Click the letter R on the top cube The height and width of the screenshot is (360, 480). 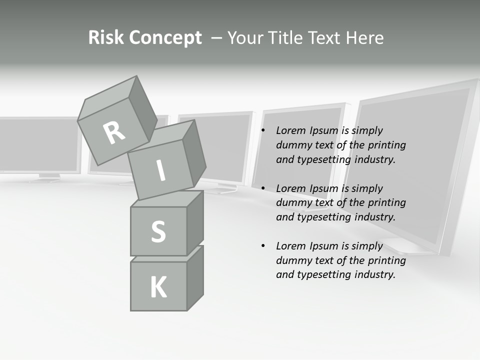point(114,133)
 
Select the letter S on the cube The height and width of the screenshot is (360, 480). point(158,231)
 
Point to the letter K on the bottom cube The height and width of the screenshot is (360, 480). point(158,287)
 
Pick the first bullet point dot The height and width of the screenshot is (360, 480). point(263,131)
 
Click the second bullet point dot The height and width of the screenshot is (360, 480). point(263,189)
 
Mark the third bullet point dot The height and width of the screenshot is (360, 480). point(263,246)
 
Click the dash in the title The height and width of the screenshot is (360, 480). point(216,38)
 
